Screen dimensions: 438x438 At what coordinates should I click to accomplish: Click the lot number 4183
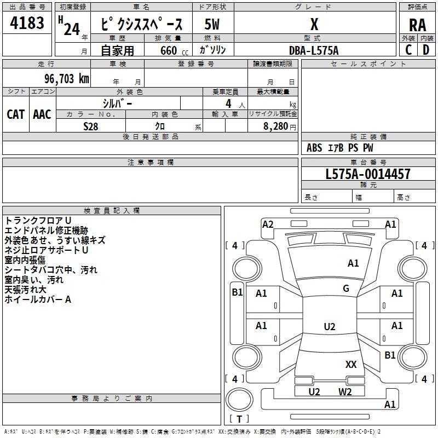pos(27,23)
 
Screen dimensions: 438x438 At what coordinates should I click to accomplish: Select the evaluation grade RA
pos(417,25)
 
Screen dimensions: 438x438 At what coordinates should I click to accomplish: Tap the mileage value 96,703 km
pos(67,79)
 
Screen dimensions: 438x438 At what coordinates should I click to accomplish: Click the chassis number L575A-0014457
pos(368,174)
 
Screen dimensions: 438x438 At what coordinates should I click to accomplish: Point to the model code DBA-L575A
pos(314,50)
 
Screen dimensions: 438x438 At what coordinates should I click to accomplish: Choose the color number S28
pos(91,126)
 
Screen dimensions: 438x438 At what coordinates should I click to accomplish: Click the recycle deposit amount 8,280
pos(276,126)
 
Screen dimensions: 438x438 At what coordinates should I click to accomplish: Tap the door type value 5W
pos(212,24)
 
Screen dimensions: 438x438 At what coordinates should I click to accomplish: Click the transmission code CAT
pos(16,114)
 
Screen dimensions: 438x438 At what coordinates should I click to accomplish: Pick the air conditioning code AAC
pos(42,114)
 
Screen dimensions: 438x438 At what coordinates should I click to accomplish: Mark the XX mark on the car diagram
pos(351,364)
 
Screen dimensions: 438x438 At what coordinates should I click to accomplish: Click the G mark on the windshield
pos(346,289)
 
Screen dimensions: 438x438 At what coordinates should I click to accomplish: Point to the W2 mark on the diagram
pos(345,391)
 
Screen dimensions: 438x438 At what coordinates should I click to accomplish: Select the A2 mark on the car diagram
pos(268,224)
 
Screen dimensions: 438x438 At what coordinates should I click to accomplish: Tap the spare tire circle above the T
pos(239,400)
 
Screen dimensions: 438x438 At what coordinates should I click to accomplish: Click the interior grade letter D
pos(426,50)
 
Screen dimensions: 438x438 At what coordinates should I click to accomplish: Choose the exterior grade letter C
pos(408,50)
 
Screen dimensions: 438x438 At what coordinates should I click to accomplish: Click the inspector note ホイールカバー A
pos(38,299)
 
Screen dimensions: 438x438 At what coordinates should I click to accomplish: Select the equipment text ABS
pos(314,148)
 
